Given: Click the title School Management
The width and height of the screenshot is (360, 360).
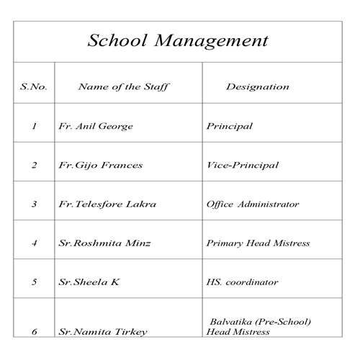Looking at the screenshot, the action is point(177,40).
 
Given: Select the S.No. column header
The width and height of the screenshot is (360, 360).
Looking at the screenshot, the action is point(34,87).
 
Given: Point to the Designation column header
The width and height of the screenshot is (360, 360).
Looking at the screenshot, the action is point(257,87).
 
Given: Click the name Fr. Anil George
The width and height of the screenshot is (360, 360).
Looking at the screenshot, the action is point(95,127).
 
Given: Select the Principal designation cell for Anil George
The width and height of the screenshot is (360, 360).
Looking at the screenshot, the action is point(229,127).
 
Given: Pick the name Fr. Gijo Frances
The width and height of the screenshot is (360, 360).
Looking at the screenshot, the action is point(100,166).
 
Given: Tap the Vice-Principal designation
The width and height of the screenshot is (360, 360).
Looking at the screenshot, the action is point(242,166).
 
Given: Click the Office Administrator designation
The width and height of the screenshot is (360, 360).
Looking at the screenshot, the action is point(252,204).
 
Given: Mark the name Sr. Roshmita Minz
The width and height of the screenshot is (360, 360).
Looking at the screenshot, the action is point(105,243).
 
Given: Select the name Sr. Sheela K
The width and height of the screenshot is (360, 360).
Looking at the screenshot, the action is point(89,282).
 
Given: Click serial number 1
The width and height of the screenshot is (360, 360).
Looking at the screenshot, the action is point(34,127).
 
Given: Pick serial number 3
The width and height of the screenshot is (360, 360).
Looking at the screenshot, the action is point(34,204).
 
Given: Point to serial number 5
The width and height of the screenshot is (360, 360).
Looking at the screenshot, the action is point(34,282).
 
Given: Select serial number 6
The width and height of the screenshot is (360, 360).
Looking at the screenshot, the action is point(34,333).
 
